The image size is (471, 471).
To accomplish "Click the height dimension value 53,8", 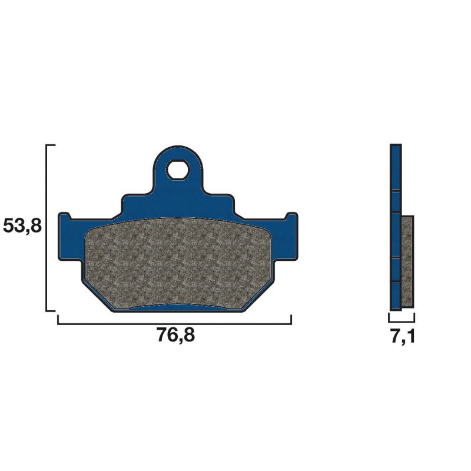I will (22, 226).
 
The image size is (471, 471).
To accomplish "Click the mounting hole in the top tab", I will (177, 171).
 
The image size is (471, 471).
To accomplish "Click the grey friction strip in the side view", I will (407, 261).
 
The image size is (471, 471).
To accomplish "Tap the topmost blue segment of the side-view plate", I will (396, 167).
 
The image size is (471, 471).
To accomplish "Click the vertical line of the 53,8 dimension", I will (47, 227).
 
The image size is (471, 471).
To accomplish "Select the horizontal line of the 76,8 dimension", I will (174, 323).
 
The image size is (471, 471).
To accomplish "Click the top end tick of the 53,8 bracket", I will (51, 144).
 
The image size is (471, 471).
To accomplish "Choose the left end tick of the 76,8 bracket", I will (58, 319).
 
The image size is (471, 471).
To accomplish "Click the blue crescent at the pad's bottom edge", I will (177, 309).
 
